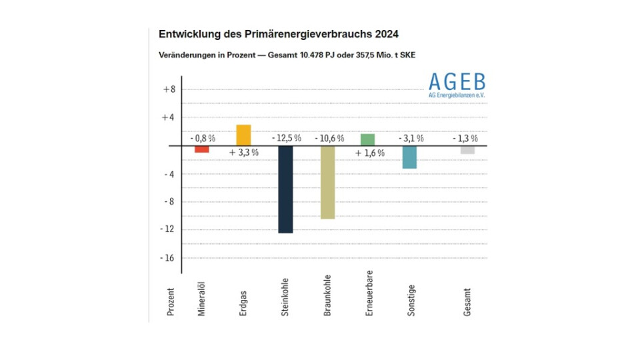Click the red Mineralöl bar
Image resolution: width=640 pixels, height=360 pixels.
[x=202, y=149]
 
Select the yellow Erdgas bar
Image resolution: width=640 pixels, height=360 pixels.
[x=243, y=135]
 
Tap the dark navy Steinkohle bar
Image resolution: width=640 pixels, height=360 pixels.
[x=285, y=189]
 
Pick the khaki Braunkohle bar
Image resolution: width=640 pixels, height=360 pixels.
[x=327, y=182]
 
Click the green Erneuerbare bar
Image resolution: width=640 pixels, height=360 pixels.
[x=367, y=139]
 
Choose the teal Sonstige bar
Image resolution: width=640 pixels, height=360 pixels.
[x=409, y=157]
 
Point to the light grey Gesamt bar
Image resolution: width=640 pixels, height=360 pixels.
[x=467, y=150]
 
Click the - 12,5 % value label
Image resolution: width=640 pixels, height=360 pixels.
[x=286, y=138]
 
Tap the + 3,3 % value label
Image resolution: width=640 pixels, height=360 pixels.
[x=243, y=153]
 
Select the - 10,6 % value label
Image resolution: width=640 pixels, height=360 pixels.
[x=328, y=138]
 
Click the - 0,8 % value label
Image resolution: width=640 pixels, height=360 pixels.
[x=203, y=138]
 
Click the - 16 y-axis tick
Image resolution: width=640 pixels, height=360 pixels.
[x=168, y=257]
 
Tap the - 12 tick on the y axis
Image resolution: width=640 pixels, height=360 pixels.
[x=168, y=229]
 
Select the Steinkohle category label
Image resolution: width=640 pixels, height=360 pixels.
[x=285, y=295]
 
